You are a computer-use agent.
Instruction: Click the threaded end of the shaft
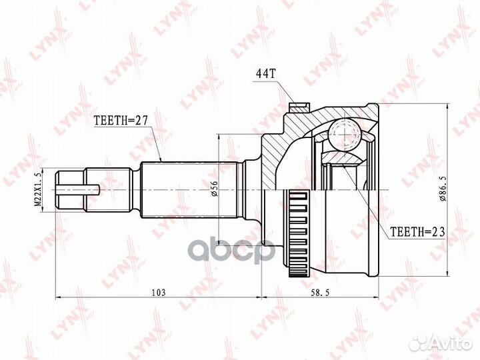click(x=70, y=190)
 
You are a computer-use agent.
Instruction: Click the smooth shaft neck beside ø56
click(x=252, y=190)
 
